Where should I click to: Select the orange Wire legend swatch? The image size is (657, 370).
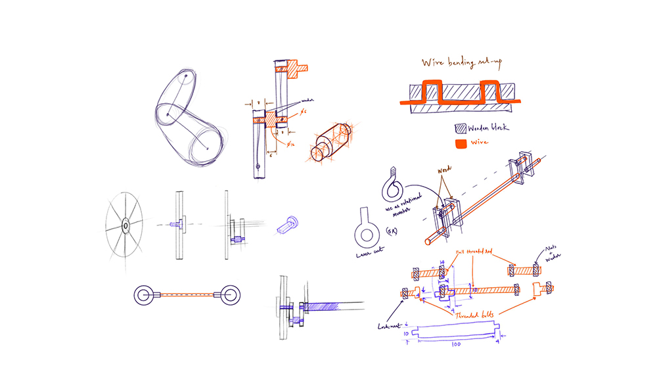point(461,143)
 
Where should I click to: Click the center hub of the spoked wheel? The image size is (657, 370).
point(124,225)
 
